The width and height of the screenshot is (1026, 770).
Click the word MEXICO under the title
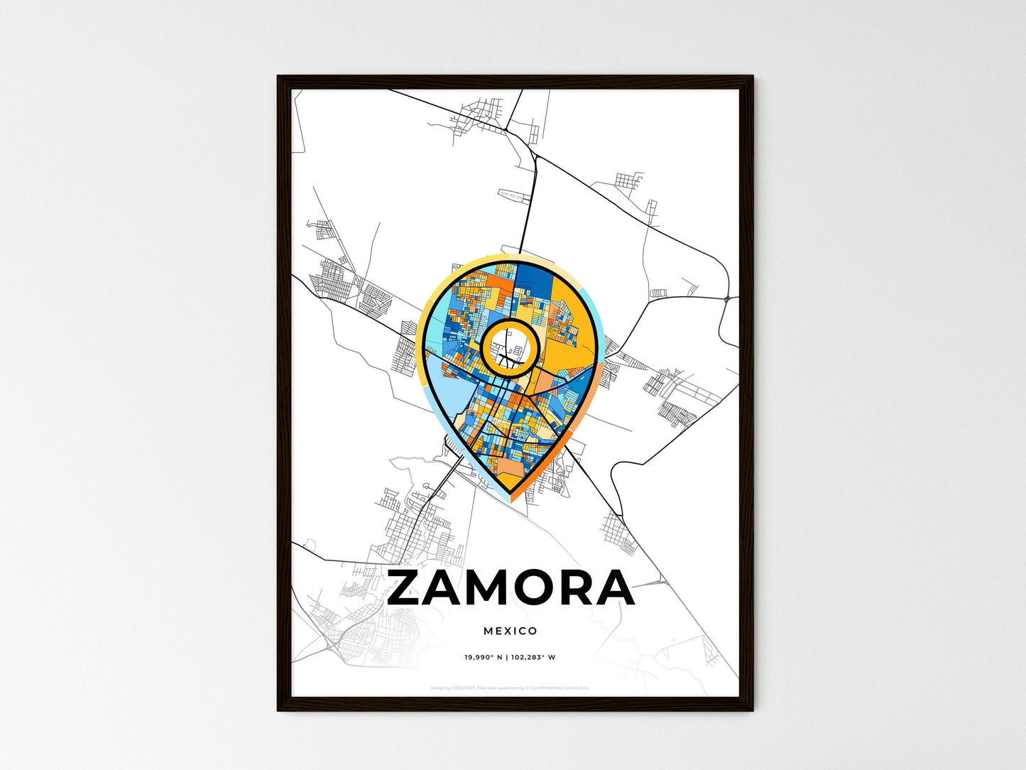511,631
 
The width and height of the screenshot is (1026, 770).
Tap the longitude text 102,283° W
533,657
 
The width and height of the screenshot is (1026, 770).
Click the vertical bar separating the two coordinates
506,657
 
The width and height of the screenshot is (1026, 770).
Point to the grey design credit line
510,688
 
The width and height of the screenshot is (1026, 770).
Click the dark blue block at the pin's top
536,280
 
